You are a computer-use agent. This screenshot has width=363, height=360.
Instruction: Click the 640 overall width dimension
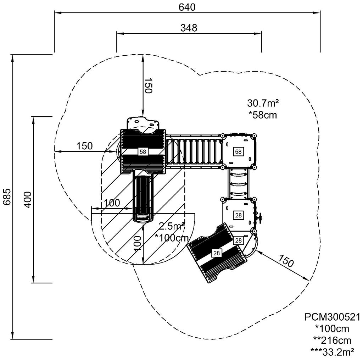point(187,7)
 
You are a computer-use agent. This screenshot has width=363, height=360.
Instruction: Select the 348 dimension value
point(189,28)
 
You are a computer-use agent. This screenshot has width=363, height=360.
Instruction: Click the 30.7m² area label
point(263,103)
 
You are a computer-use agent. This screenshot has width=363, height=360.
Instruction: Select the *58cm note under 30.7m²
point(263,115)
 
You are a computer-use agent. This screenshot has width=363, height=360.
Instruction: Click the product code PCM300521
point(332,317)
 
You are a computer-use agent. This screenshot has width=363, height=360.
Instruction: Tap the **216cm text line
point(332,340)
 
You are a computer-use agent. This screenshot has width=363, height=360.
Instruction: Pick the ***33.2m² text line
point(332,351)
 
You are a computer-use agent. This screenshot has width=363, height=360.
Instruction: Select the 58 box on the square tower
point(238,151)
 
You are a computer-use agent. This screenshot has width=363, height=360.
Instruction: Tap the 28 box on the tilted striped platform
point(216,253)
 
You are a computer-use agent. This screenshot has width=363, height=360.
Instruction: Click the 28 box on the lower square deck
point(238,215)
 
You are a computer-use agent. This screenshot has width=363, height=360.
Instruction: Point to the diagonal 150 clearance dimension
point(286,262)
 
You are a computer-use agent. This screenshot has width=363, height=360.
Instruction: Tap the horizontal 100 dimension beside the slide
point(112,203)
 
